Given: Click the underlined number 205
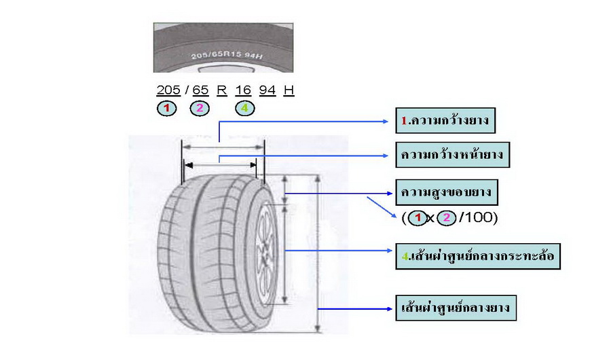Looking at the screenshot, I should (x=168, y=90).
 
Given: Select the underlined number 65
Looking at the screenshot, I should (x=200, y=90).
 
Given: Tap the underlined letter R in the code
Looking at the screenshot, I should (x=221, y=90).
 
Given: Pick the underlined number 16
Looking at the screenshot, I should (x=243, y=90).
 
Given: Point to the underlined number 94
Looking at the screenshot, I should (x=267, y=90).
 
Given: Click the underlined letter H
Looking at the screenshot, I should (x=289, y=90).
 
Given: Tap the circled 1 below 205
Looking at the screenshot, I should (x=167, y=108).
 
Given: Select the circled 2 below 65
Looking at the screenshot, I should (x=200, y=108).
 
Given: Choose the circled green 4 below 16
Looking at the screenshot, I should (x=244, y=108).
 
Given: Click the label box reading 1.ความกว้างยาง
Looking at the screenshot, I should (x=445, y=122).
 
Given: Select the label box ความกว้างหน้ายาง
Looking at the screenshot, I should (x=453, y=156).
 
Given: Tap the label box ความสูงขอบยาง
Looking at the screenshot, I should (x=447, y=192).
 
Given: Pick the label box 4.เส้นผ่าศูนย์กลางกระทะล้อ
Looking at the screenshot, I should (x=478, y=257).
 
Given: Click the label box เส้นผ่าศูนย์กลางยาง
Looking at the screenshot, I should (x=456, y=308).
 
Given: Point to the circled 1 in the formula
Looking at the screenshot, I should (x=418, y=218).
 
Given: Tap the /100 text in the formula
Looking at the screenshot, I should (x=479, y=218).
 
